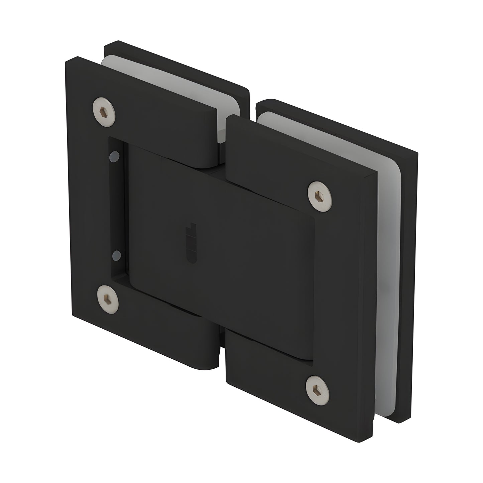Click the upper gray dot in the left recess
point(115,156)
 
